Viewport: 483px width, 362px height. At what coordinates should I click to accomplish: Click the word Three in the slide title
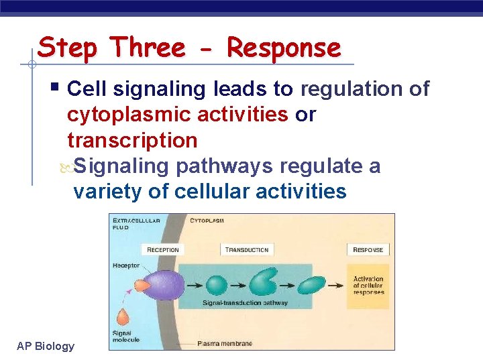(x=148, y=48)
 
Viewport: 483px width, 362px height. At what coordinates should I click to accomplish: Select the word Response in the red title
(x=284, y=48)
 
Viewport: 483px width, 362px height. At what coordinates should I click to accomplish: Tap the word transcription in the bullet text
(x=132, y=140)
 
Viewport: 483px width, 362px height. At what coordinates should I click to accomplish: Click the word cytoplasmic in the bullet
(x=129, y=115)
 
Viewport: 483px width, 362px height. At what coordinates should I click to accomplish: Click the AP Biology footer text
(x=46, y=346)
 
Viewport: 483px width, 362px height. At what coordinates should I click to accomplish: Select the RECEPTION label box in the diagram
(x=163, y=250)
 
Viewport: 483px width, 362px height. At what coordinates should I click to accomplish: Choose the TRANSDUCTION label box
(x=247, y=250)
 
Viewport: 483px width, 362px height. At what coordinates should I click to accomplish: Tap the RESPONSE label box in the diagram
(x=368, y=250)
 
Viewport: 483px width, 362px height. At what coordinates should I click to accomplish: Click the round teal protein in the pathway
(x=217, y=285)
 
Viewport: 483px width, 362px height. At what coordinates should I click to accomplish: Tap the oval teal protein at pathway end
(x=300, y=284)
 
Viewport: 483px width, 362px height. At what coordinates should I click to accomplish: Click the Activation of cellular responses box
(x=368, y=285)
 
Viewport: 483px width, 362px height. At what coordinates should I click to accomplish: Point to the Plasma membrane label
(x=225, y=344)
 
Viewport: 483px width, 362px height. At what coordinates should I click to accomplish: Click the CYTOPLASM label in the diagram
(x=207, y=220)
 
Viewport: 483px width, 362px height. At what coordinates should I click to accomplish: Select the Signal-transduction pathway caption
(x=245, y=303)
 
